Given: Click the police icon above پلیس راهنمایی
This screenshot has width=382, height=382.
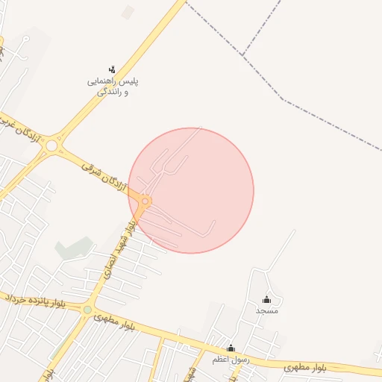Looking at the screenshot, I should [113, 69].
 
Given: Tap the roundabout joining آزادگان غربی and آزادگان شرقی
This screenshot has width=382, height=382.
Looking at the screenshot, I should [51, 146].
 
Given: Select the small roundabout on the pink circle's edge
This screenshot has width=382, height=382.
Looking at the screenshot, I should [145, 201].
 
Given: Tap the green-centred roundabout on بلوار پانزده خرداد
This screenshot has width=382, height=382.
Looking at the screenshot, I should [87, 310].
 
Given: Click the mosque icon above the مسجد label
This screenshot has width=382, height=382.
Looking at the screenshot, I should [266, 299].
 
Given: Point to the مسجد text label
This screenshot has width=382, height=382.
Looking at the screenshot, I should [266, 310].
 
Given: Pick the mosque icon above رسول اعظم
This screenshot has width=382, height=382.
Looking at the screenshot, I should [231, 348].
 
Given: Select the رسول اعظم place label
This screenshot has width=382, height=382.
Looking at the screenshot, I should [231, 360].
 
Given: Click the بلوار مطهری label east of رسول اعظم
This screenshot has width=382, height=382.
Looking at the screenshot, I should [306, 368].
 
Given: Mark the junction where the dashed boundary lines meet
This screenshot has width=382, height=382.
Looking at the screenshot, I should [244, 54].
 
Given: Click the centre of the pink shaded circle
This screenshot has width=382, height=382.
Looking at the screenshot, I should [191, 190].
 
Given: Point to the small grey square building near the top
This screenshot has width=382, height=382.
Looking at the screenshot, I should [128, 13].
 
